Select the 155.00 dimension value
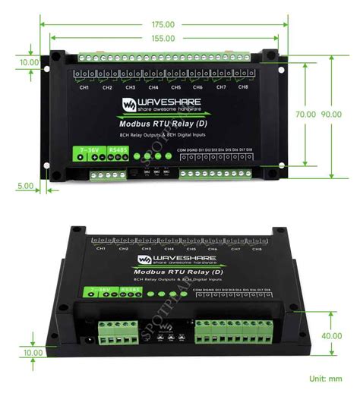point(161,38)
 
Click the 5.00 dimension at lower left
point(24,185)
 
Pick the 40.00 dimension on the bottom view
point(331,336)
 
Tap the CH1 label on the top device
point(84,88)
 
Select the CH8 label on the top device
point(243,88)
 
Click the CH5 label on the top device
point(175,88)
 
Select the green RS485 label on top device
point(118,149)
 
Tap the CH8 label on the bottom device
point(256,249)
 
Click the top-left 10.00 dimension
point(29,62)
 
